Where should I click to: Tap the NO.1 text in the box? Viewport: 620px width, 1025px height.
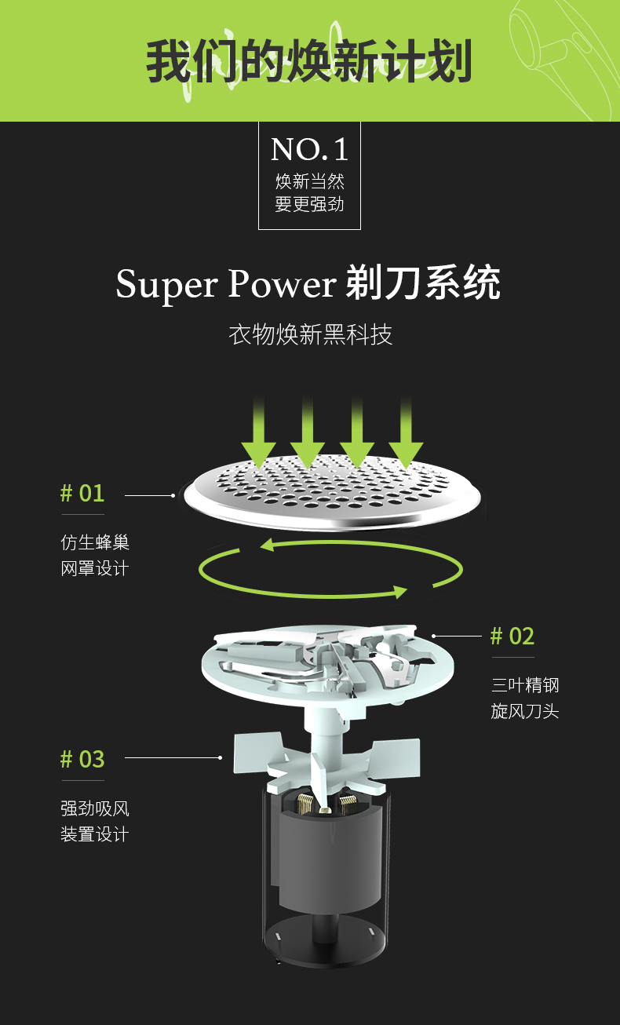tap(309, 149)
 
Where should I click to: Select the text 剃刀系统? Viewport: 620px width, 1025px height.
tap(423, 284)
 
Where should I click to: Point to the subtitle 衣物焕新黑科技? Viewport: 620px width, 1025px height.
tap(310, 334)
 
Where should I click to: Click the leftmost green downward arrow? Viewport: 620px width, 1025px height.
tap(258, 432)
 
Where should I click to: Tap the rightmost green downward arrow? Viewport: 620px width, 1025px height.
tap(406, 432)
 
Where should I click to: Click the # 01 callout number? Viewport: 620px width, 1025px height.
tap(82, 494)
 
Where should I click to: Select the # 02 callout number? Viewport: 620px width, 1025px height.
tap(512, 636)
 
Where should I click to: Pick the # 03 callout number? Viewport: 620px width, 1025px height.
tap(82, 760)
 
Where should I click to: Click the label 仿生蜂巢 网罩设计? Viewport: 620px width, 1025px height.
tap(95, 555)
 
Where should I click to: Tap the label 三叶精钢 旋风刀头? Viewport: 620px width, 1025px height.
tap(525, 698)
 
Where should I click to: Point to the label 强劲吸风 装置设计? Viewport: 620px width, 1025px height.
tap(95, 821)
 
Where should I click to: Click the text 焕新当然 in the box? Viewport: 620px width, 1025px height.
tap(309, 182)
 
